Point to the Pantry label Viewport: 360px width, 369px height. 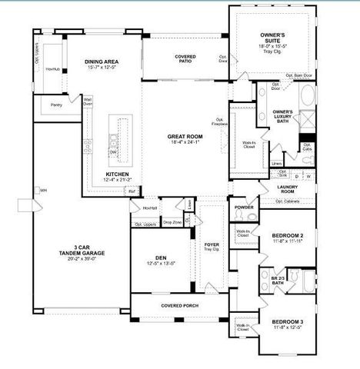pos(57,105)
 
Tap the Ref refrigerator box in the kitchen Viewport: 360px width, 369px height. pos(132,191)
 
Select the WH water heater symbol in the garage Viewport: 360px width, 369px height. pos(44,190)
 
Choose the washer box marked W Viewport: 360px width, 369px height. pos(308,176)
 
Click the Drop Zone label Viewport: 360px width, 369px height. pos(172,223)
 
